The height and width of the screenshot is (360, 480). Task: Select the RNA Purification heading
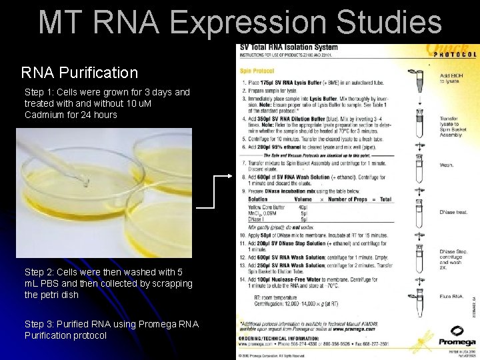click(x=79, y=72)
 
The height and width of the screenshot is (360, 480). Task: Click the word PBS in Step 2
click(x=52, y=283)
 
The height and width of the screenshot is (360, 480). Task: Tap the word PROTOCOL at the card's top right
click(x=457, y=55)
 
